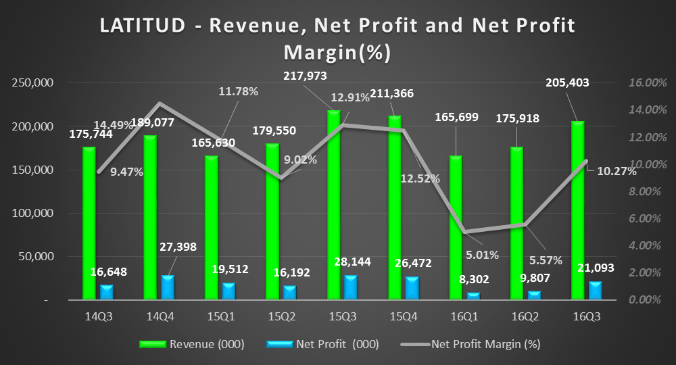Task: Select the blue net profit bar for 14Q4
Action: point(168,287)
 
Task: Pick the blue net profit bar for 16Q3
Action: point(595,290)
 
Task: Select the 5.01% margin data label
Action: point(481,255)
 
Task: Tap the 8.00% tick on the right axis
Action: point(643,191)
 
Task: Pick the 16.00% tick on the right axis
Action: point(643,83)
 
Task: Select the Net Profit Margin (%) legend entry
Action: point(485,344)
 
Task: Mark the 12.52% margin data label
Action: point(420,178)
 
